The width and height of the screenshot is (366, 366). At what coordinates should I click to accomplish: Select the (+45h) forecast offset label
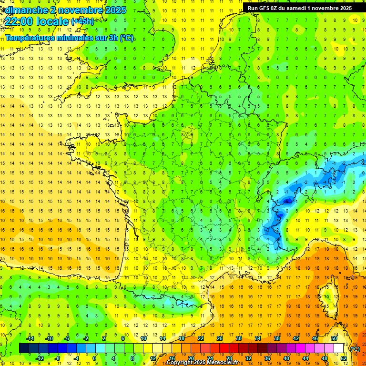pos(82,21)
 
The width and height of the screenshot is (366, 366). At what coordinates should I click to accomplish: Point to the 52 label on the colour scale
pos(343,358)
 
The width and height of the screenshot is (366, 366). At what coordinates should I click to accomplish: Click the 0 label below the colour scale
pos(94,358)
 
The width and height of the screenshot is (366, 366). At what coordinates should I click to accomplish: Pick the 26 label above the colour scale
pos(220,338)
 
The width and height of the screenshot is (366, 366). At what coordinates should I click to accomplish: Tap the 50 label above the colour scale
pos(334,338)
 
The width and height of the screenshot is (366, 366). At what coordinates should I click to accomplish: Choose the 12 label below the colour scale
pos(153,358)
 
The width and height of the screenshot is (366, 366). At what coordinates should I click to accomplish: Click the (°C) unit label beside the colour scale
pos(355,348)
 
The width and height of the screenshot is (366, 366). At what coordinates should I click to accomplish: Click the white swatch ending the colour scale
pos(339,348)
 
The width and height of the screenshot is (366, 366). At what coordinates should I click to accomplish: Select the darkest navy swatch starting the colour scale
pos(23,348)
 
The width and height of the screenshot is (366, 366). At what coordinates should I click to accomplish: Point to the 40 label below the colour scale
pos(286,358)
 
